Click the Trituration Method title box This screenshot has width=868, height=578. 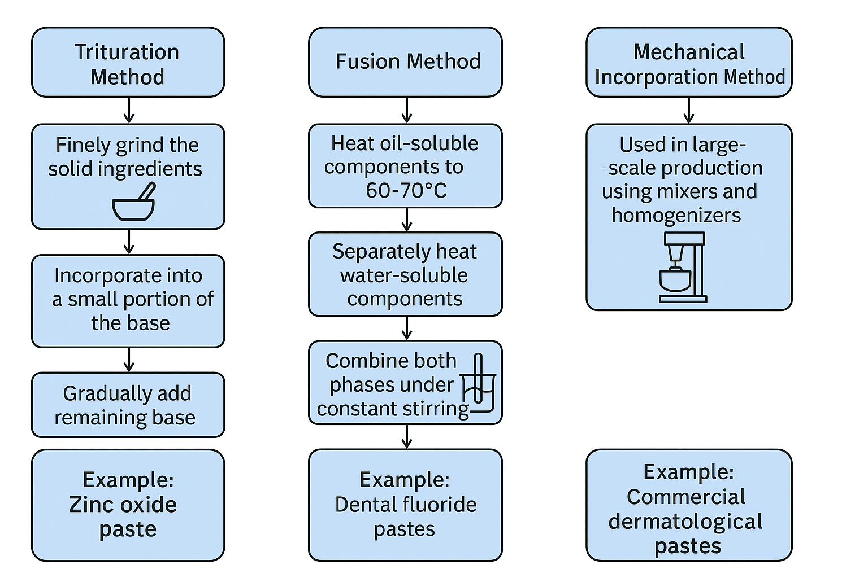pos(128,63)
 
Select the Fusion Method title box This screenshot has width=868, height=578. pos(405,62)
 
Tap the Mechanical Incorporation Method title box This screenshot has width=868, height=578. pos(689,63)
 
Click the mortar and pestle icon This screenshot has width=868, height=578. pos(134,202)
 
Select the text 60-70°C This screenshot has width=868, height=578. pos(406,191)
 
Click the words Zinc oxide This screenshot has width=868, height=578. pos(123,504)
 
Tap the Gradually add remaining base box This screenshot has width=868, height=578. pos(128,405)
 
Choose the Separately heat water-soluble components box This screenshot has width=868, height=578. pos(405,274)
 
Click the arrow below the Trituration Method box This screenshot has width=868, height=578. pos(129,110)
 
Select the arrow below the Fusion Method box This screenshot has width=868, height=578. pos(407,110)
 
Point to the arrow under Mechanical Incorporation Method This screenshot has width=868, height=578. pos(688,110)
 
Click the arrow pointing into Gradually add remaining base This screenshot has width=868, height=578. pos(129,360)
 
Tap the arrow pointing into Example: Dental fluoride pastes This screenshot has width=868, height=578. pos(407,436)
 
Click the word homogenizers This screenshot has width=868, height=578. pos(676,215)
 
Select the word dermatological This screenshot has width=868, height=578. pos(685,522)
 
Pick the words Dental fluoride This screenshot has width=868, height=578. pos(406,504)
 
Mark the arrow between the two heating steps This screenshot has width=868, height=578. pos(407,220)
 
